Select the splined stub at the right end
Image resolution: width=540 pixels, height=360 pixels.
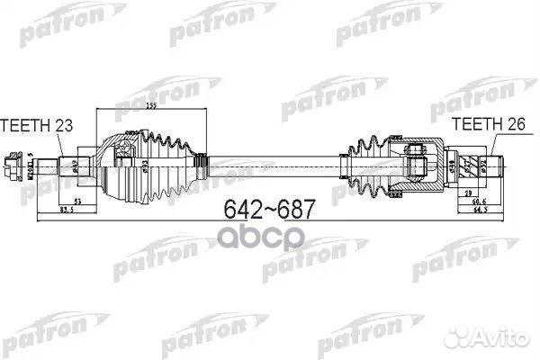[490, 166]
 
